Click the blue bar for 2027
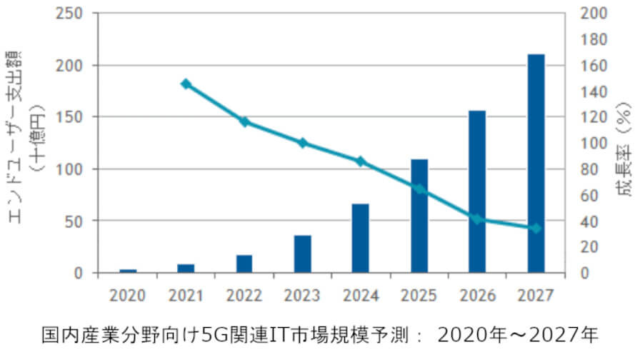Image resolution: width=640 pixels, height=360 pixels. tap(536, 164)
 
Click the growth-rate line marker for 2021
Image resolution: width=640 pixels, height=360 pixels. tap(186, 84)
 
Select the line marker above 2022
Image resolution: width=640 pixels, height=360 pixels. tap(244, 121)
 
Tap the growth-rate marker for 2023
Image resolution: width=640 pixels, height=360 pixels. tap(302, 143)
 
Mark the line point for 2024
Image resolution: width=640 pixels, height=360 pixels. tap(361, 161)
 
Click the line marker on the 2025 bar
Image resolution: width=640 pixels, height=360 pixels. tap(419, 189)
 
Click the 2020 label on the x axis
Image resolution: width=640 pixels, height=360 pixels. tap(128, 294)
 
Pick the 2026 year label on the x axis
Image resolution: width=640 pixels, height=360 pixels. tap(477, 294)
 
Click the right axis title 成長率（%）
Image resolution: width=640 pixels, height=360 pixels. tap(623, 150)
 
